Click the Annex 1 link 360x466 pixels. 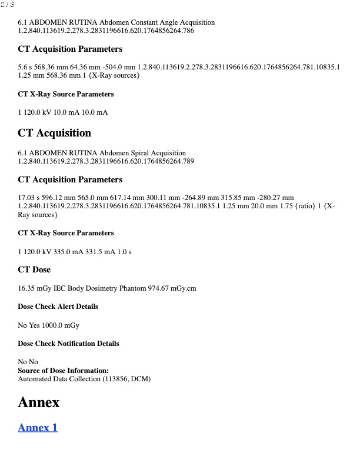(x=38, y=428)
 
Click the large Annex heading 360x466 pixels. (x=39, y=402)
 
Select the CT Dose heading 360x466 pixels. (x=34, y=269)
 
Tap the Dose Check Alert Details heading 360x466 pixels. (x=58, y=307)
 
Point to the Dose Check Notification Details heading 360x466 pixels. (x=68, y=344)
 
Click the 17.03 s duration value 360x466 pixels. (x=28, y=197)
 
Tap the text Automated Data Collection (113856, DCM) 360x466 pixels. (x=84, y=379)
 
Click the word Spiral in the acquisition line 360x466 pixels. (x=135, y=152)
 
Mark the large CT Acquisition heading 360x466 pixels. (x=54, y=133)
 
